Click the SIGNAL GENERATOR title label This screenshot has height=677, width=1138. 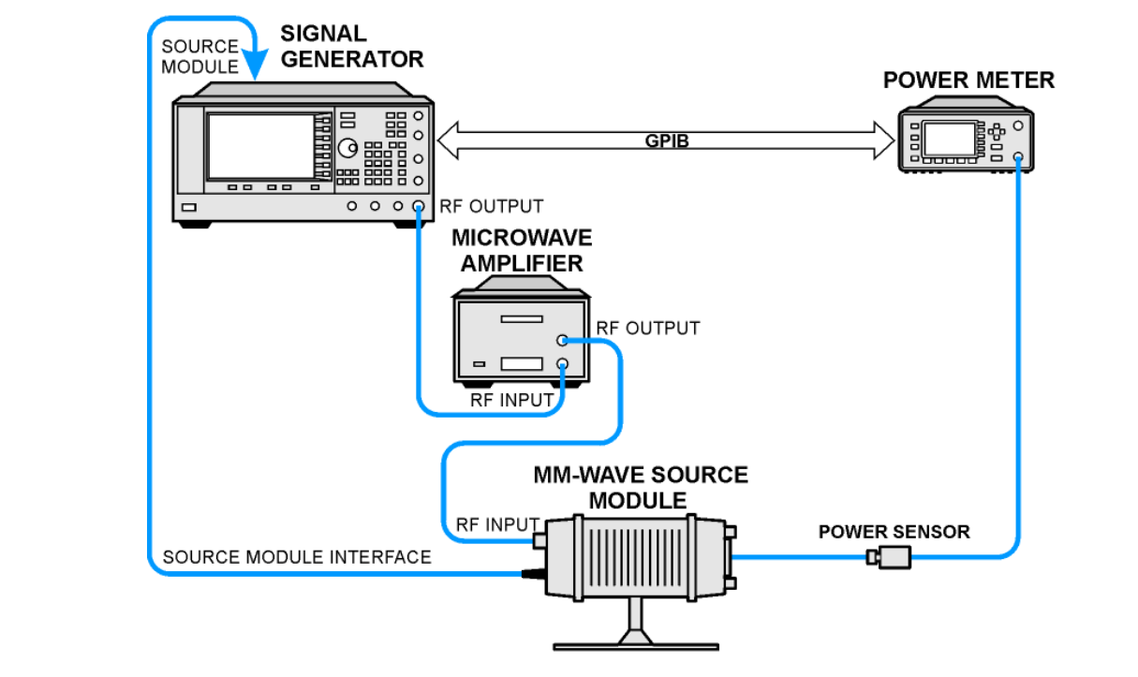click(x=351, y=46)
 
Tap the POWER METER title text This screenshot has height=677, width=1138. click(x=968, y=81)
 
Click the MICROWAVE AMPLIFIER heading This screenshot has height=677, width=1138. click(x=522, y=250)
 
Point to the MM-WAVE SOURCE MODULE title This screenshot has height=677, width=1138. click(x=641, y=487)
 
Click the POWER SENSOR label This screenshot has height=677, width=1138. click(x=894, y=532)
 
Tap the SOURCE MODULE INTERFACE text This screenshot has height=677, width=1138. click(x=297, y=557)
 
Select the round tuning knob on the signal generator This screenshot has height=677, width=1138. click(x=347, y=148)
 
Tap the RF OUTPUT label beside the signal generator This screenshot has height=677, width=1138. click(x=491, y=206)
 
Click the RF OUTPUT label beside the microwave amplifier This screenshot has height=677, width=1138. click(x=648, y=329)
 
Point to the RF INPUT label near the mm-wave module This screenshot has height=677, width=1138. click(x=497, y=524)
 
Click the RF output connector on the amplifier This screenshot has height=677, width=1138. click(x=562, y=342)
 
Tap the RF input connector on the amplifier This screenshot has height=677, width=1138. click(x=562, y=364)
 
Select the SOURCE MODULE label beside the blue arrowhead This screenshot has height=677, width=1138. click(x=200, y=56)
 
